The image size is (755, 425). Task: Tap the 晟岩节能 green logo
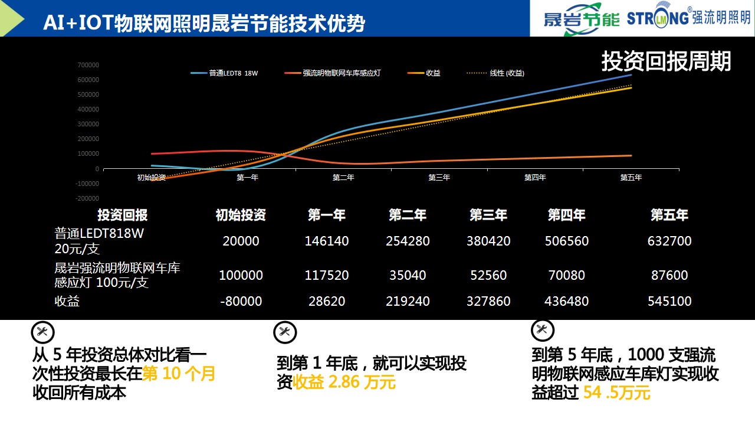tap(581, 19)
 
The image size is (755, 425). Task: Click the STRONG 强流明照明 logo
tap(688, 17)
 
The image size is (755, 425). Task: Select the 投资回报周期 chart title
tap(666, 61)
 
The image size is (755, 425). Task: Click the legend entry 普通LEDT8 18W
tap(233, 73)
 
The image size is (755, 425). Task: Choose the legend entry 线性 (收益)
tap(507, 73)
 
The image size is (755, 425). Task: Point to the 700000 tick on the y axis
tap(88, 65)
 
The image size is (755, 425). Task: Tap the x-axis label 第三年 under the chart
tap(439, 178)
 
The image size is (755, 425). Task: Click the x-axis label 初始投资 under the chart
tap(151, 178)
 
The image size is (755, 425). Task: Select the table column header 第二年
tap(407, 215)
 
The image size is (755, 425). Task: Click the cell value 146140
tap(327, 241)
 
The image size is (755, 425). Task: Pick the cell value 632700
tap(669, 241)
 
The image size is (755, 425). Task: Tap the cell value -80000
tap(241, 301)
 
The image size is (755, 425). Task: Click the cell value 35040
tap(407, 275)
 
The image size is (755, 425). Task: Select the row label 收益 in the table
tap(67, 301)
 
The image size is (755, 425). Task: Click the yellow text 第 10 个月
tap(179, 374)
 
